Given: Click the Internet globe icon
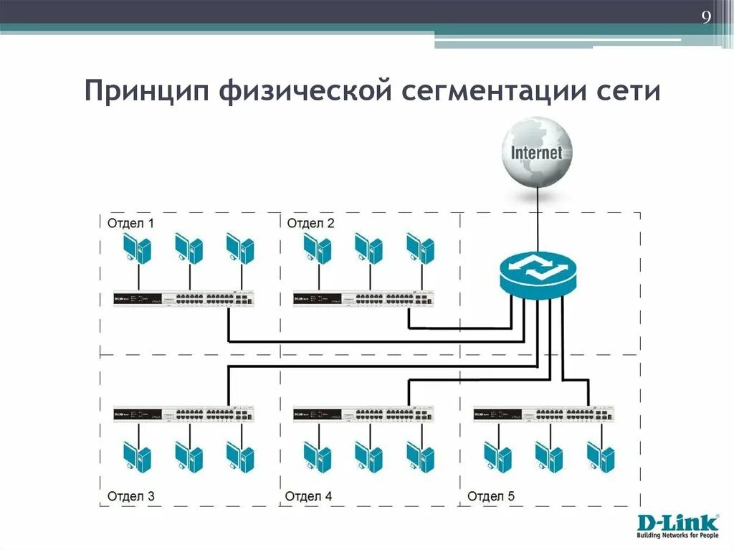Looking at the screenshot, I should [537, 153].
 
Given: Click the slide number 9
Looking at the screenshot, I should [706, 18].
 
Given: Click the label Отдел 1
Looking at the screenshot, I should [130, 223].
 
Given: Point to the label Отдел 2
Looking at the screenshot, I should [310, 223].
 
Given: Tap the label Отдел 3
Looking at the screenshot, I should [130, 496].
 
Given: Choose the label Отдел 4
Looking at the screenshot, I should [309, 496].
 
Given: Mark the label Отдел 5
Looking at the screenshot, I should [491, 496].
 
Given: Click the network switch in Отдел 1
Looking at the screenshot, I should [183, 298].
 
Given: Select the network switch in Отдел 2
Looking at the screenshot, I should [363, 298].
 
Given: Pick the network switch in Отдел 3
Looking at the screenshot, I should [183, 414].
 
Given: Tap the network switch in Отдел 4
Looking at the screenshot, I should [363, 414].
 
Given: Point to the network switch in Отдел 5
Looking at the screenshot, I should [544, 414].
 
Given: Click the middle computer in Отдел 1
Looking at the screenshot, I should [189, 249].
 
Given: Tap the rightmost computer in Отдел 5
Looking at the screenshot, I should [601, 457].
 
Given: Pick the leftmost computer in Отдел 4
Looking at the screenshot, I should [317, 457].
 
